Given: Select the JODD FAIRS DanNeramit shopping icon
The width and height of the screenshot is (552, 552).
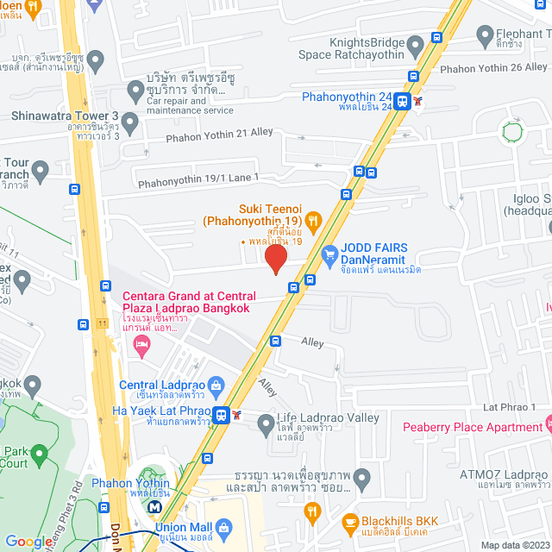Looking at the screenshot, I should (x=329, y=255).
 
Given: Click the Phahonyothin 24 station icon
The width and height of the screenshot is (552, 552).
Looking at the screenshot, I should (x=403, y=102).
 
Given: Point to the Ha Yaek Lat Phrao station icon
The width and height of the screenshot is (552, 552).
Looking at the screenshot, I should (x=223, y=415).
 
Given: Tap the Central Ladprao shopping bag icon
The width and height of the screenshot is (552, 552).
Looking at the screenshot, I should (x=216, y=384).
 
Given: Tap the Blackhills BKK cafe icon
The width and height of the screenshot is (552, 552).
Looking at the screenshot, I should (x=350, y=522).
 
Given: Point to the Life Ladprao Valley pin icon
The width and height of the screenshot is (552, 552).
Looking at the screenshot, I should (x=267, y=423).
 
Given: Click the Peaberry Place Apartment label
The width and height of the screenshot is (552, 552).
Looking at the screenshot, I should (x=472, y=427).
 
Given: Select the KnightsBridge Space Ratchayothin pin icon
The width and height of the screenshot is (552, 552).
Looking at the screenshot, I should (x=416, y=43).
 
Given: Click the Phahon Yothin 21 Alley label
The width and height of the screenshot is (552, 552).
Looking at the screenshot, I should (x=219, y=134).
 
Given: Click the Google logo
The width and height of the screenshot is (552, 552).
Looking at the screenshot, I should (x=28, y=541).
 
